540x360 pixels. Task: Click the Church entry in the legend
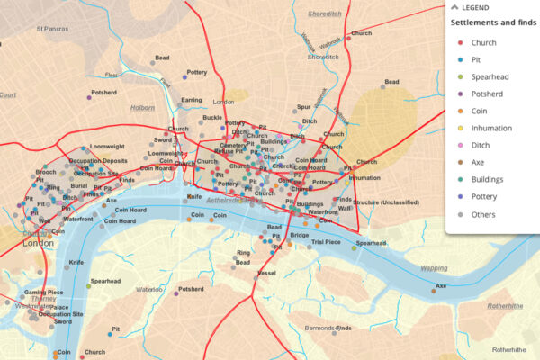click(484, 43)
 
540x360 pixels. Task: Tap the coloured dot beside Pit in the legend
click(461, 60)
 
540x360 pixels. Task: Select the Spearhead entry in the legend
click(491, 77)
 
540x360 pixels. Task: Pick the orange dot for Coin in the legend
click(461, 112)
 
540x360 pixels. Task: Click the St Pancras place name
click(52, 29)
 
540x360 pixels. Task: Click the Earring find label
click(192, 101)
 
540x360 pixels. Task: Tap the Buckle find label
click(212, 118)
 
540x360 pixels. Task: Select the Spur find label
click(304, 106)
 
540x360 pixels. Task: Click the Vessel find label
click(266, 272)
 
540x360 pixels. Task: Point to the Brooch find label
click(46, 171)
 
